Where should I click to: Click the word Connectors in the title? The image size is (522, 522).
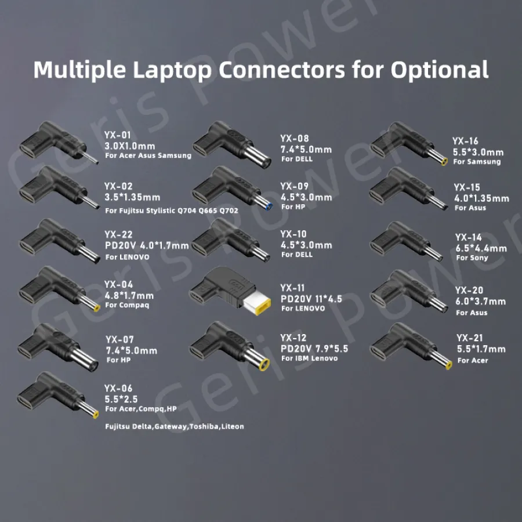coord(282,70)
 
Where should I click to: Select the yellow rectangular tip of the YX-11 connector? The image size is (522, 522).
coord(257,303)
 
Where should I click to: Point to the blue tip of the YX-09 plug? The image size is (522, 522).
coord(269,206)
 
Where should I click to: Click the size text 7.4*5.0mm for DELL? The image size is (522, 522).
coord(306,150)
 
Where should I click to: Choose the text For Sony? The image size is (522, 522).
coord(472,258)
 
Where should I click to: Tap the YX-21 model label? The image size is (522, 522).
coord(469,338)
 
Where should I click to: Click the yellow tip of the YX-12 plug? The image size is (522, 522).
coord(264,364)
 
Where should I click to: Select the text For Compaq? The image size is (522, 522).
coord(127,305)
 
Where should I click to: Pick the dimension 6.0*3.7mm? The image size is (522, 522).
coord(480,302)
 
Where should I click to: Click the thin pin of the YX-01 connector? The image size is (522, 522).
coord(90,158)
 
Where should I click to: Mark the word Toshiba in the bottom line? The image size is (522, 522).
coord(204,426)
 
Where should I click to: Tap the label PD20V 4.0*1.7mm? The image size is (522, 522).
coord(147,246)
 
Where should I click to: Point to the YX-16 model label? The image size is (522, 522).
coord(465,141)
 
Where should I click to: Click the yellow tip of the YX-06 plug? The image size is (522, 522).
coord(96,414)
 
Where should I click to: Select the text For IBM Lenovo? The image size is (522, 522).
coord(309,358)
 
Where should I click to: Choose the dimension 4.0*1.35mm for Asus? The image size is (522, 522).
coord(481,198)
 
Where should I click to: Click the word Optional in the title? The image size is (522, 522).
coord(440,70)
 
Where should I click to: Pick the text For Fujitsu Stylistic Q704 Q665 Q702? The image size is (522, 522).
coord(172,211)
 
